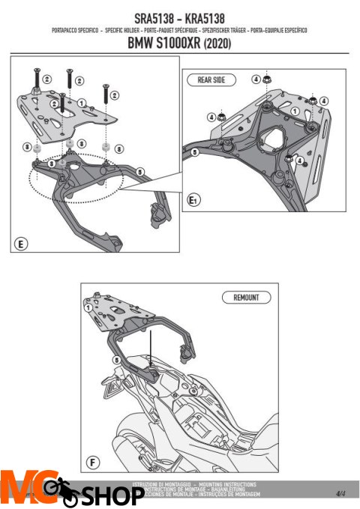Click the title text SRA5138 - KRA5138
[179, 16]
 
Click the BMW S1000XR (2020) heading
[179, 44]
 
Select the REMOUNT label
[241, 298]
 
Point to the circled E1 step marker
[193, 200]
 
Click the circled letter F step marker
[91, 462]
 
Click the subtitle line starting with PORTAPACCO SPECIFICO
[179, 31]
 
